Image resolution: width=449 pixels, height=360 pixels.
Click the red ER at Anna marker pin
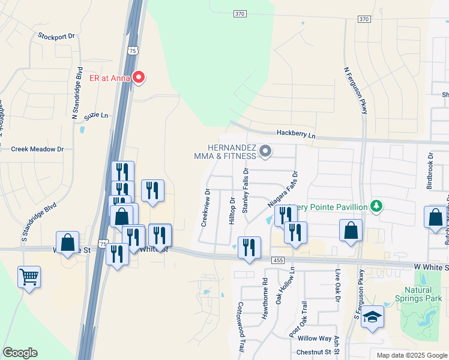coord(139,77)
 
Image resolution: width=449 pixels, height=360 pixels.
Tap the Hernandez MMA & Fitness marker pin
coord(265,151)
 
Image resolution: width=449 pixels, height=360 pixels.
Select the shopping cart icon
coord(29,277)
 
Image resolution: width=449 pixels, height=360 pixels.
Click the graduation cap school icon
coord(372,317)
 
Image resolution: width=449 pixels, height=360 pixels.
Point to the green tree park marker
coord(376,206)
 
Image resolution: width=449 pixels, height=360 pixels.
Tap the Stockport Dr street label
coord(56,36)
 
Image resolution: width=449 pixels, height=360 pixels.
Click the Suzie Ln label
coord(96,115)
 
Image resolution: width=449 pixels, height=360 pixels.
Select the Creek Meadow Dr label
coord(37,149)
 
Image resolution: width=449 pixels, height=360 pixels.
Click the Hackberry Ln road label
coord(296,136)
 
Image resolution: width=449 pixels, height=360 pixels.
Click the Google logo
coord(20,353)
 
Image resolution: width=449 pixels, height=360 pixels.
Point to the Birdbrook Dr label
coord(430,175)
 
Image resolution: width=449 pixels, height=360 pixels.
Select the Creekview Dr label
coord(206,208)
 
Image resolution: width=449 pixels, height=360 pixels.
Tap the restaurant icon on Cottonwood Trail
coord(249,247)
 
